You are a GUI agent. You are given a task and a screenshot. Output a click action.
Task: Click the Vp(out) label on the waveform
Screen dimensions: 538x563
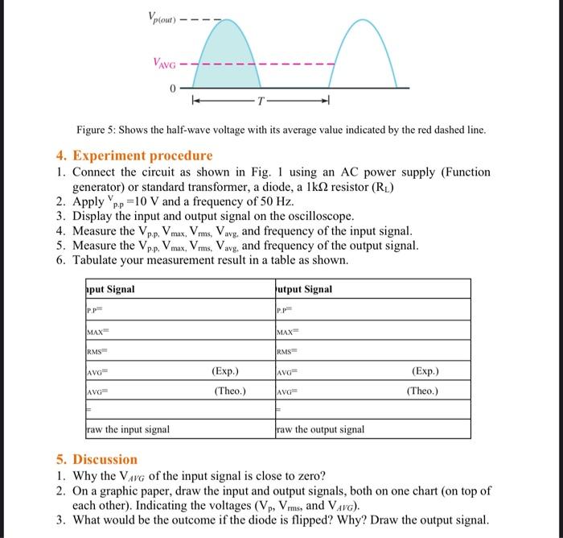point(162,18)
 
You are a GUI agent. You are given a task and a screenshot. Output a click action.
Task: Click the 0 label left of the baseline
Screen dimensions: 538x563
point(171,88)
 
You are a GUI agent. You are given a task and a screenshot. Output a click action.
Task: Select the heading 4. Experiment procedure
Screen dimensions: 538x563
point(134,155)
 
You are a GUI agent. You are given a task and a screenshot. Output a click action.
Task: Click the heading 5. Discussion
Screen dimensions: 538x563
point(97,459)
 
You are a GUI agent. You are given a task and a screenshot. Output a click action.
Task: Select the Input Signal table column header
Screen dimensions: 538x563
point(110,289)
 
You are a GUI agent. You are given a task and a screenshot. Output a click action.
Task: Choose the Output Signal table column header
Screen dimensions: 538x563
point(303,289)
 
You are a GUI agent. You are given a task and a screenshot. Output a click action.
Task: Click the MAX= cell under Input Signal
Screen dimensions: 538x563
point(100,333)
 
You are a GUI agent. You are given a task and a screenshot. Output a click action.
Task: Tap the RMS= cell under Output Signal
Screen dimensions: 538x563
point(288,353)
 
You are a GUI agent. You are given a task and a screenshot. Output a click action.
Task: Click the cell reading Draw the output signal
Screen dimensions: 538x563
point(319,429)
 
